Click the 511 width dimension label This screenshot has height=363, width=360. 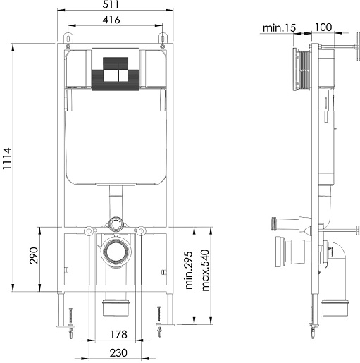click(111, 4)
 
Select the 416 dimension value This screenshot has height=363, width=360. click(111, 20)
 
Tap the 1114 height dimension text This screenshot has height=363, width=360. click(6, 159)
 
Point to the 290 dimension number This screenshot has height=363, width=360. click(34, 255)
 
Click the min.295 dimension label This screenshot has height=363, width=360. click(189, 270)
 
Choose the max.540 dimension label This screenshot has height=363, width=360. click(205, 270)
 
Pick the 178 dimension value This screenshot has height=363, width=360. click(119, 334)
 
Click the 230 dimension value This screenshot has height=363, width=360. click(118, 353)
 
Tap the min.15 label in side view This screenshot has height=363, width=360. click(279, 28)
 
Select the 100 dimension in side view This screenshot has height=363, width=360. click(323, 27)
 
